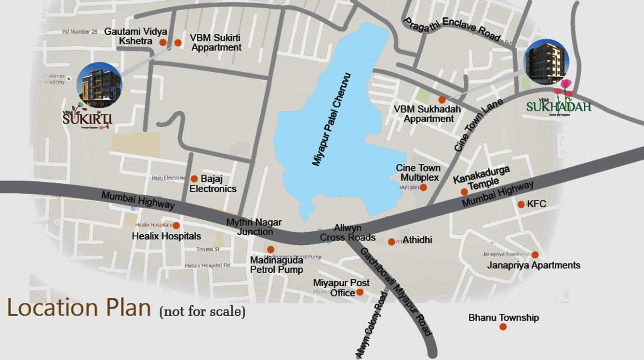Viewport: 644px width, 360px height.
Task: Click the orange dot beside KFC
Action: point(521,204)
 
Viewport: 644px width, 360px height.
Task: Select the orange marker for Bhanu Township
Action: point(503,327)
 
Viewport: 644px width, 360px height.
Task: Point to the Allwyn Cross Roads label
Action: point(348,232)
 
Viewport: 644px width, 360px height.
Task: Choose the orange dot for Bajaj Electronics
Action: point(194,178)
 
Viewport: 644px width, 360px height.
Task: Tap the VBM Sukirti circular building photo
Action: point(100,85)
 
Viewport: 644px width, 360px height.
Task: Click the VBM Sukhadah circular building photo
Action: point(547,62)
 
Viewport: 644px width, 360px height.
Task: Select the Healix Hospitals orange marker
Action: point(176,226)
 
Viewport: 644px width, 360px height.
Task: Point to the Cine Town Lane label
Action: point(478,125)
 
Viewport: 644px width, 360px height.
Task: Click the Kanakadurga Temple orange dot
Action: point(464,192)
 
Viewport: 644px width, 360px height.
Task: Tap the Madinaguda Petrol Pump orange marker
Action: point(270,250)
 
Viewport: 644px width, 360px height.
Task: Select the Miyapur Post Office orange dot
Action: point(360,292)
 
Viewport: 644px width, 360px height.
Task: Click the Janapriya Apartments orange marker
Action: point(535,254)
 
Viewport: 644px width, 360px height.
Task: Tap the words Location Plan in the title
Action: point(79,307)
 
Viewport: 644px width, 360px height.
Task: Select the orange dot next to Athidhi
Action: point(391,241)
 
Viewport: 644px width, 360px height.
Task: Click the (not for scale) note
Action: point(202,311)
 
